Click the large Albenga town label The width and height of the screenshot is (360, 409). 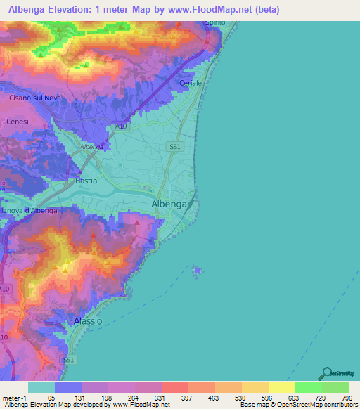click(169, 204)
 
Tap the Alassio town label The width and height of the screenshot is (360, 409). click(88, 320)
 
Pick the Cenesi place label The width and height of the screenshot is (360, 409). click(18, 121)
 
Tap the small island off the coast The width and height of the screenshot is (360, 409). click(198, 271)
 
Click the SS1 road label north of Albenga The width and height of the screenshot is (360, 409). click(175, 146)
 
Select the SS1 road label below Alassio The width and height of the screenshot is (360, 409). click(68, 359)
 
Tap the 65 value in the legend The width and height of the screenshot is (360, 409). click(51, 397)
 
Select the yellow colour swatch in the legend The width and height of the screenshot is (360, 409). click(281, 387)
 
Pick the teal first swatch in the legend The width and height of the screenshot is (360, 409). click(41, 387)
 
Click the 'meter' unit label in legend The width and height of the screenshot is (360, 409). click(12, 397)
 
